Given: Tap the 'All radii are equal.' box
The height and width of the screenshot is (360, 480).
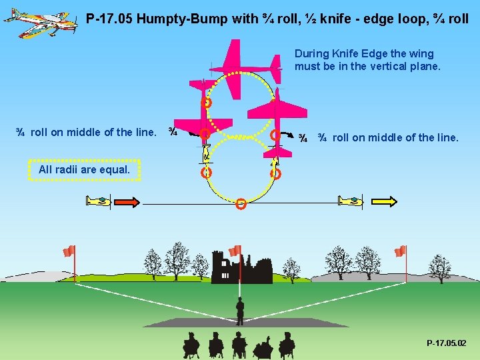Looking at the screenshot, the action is [x=84, y=169].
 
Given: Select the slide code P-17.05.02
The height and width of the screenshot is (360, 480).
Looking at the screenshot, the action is [x=446, y=343].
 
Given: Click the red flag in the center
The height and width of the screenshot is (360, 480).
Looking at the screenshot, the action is [x=235, y=251].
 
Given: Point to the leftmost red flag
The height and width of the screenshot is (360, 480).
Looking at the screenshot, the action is [x=69, y=251].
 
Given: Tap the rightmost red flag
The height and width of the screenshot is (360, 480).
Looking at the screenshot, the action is [x=400, y=251].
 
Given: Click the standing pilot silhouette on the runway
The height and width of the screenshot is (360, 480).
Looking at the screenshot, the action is [x=239, y=311].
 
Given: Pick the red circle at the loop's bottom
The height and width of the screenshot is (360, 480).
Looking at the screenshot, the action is [x=241, y=204].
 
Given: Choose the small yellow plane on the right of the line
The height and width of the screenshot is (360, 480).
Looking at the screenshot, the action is [x=351, y=200].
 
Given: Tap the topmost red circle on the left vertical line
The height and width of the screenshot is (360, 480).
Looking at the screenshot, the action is [x=207, y=103].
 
